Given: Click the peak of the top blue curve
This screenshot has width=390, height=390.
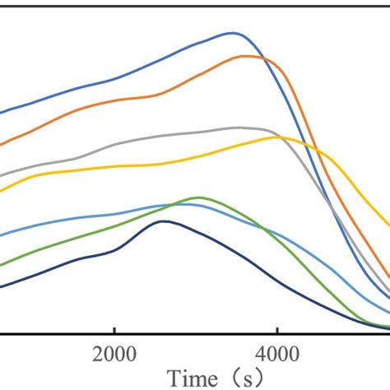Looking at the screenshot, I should coord(234,33).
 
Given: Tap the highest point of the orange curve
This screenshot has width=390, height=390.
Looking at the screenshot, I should coord(246,56).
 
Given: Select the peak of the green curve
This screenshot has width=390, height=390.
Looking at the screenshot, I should coord(198,197).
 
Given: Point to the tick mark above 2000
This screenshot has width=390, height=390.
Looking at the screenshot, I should coord(114,330).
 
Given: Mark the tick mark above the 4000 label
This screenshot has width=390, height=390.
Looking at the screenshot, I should coord(277,330).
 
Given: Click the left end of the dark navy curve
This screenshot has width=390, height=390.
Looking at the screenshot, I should coord(2,286).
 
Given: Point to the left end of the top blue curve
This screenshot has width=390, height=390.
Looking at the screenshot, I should coord(2,113).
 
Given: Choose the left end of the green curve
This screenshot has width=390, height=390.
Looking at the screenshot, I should coord(2,265).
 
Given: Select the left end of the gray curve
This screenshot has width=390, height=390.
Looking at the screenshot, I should coord(2,174).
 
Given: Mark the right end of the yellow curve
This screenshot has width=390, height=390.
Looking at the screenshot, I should coord(388,224).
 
